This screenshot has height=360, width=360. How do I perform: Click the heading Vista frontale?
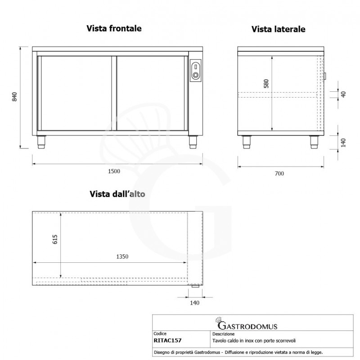(114, 28)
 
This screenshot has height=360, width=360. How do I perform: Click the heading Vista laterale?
(279, 29)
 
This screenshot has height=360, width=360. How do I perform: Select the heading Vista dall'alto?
(117, 194)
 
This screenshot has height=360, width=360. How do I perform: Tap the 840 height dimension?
(14, 97)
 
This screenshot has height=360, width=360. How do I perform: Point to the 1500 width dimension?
(114, 171)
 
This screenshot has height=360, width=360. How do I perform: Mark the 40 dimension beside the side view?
(343, 94)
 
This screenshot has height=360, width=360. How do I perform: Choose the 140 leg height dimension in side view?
(343, 143)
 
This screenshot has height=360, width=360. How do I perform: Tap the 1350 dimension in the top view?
(122, 256)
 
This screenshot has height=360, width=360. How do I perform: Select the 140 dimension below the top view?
(195, 303)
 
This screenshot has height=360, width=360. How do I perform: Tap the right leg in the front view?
(193, 142)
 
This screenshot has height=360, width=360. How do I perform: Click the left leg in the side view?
(247, 142)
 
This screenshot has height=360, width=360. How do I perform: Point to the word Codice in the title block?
(161, 334)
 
